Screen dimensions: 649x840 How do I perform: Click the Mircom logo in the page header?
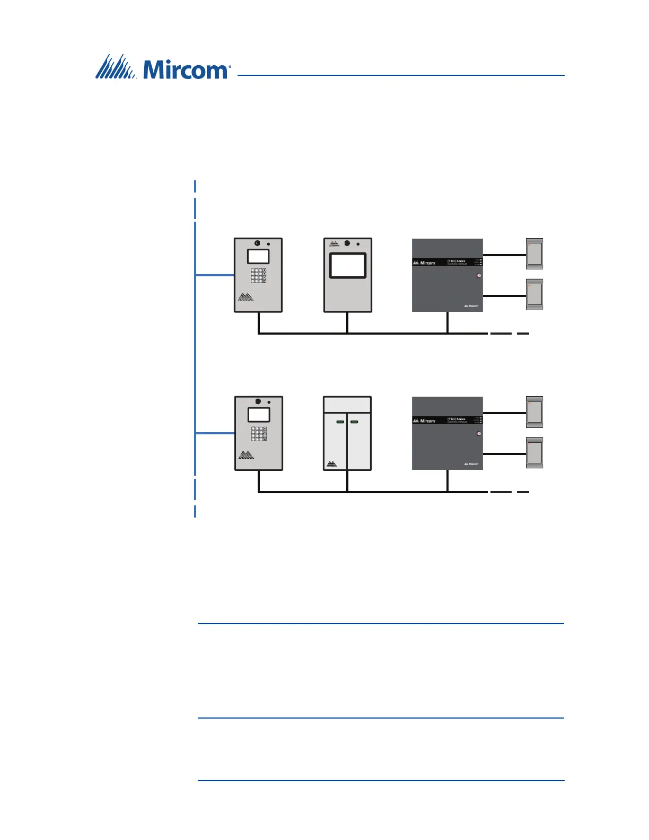pos(163,68)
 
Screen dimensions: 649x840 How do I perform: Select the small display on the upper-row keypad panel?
pos(258,257)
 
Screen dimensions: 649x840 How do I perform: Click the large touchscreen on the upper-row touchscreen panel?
pos(348,266)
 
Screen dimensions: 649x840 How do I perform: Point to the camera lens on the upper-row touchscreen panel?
pos(347,243)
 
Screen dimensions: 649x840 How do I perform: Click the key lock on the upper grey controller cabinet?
pos(479,276)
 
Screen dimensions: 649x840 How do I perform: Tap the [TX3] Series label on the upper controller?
pos(456,261)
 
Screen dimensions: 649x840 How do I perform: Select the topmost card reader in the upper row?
pos(534,254)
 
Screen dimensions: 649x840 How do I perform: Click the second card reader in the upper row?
pos(534,295)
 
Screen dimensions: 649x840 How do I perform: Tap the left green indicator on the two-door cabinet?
pos(340,422)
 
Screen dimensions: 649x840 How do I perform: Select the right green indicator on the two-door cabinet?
pos(355,422)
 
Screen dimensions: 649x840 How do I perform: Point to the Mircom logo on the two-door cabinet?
pos(332,463)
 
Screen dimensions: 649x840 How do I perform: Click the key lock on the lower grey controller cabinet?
pos(479,434)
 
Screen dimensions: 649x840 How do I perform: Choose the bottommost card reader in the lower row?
pos(534,453)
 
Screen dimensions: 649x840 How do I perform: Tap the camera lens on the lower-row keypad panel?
pos(259,401)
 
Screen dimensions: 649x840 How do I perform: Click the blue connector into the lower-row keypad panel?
pos(215,433)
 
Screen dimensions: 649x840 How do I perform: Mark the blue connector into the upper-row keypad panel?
pos(215,275)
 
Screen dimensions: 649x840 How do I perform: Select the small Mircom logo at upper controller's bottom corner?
pos(471,306)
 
